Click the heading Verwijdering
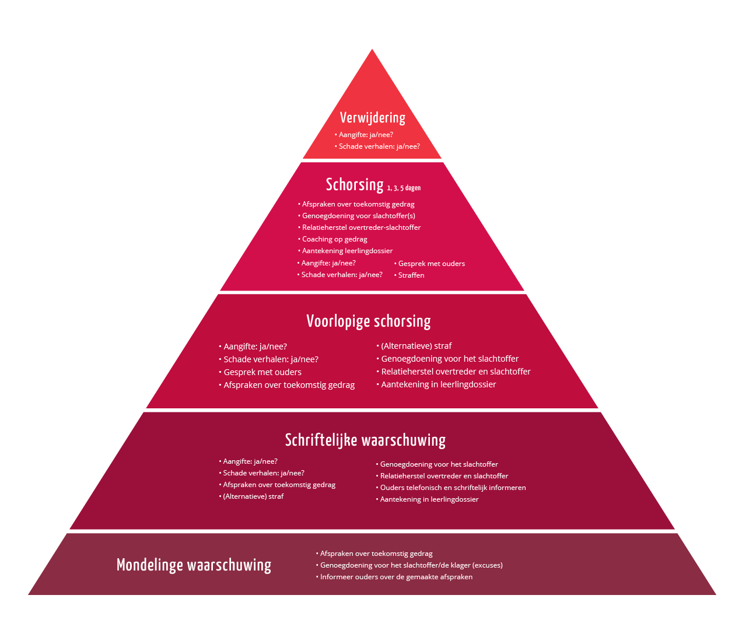(372, 118)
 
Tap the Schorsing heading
(355, 184)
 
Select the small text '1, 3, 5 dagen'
(404, 188)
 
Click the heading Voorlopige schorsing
(369, 321)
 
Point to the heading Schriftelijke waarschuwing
(365, 440)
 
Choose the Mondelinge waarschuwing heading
(194, 565)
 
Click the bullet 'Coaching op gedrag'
(334, 239)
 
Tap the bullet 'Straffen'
(411, 275)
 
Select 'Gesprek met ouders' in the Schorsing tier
(431, 264)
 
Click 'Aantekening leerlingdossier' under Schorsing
(347, 251)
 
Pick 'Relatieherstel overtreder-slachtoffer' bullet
(361, 227)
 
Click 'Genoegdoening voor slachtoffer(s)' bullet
(358, 215)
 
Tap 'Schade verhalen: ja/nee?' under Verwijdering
(379, 146)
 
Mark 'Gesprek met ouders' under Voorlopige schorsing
(262, 372)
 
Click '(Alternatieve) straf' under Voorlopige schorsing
(416, 345)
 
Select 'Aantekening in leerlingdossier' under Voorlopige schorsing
(439, 384)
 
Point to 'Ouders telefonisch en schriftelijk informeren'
(453, 488)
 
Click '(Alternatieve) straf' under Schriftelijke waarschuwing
(253, 496)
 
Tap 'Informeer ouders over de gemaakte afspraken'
(396, 577)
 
